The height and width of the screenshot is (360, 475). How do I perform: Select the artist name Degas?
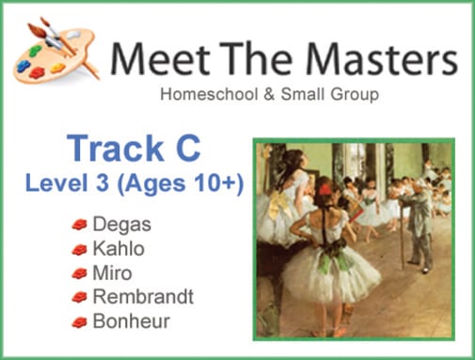(x=116, y=226)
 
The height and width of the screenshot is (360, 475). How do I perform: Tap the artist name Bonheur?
(x=126, y=321)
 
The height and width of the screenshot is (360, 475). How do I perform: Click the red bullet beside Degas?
(x=80, y=226)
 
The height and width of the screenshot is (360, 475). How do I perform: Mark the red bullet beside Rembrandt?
(x=80, y=297)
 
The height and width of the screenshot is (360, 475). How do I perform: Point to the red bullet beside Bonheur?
(x=80, y=321)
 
